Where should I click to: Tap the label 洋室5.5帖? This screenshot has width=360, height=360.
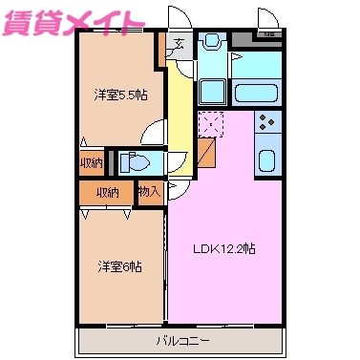pyautogui.click(x=119, y=95)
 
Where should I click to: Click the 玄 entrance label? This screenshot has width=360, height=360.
pyautogui.click(x=180, y=42)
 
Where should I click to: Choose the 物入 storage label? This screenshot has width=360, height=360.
pyautogui.click(x=149, y=192)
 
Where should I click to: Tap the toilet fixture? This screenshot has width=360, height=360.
pyautogui.click(x=139, y=162)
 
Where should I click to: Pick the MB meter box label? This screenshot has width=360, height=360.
pyautogui.click(x=269, y=36)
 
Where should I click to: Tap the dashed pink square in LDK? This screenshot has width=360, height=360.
pyautogui.click(x=210, y=124)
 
